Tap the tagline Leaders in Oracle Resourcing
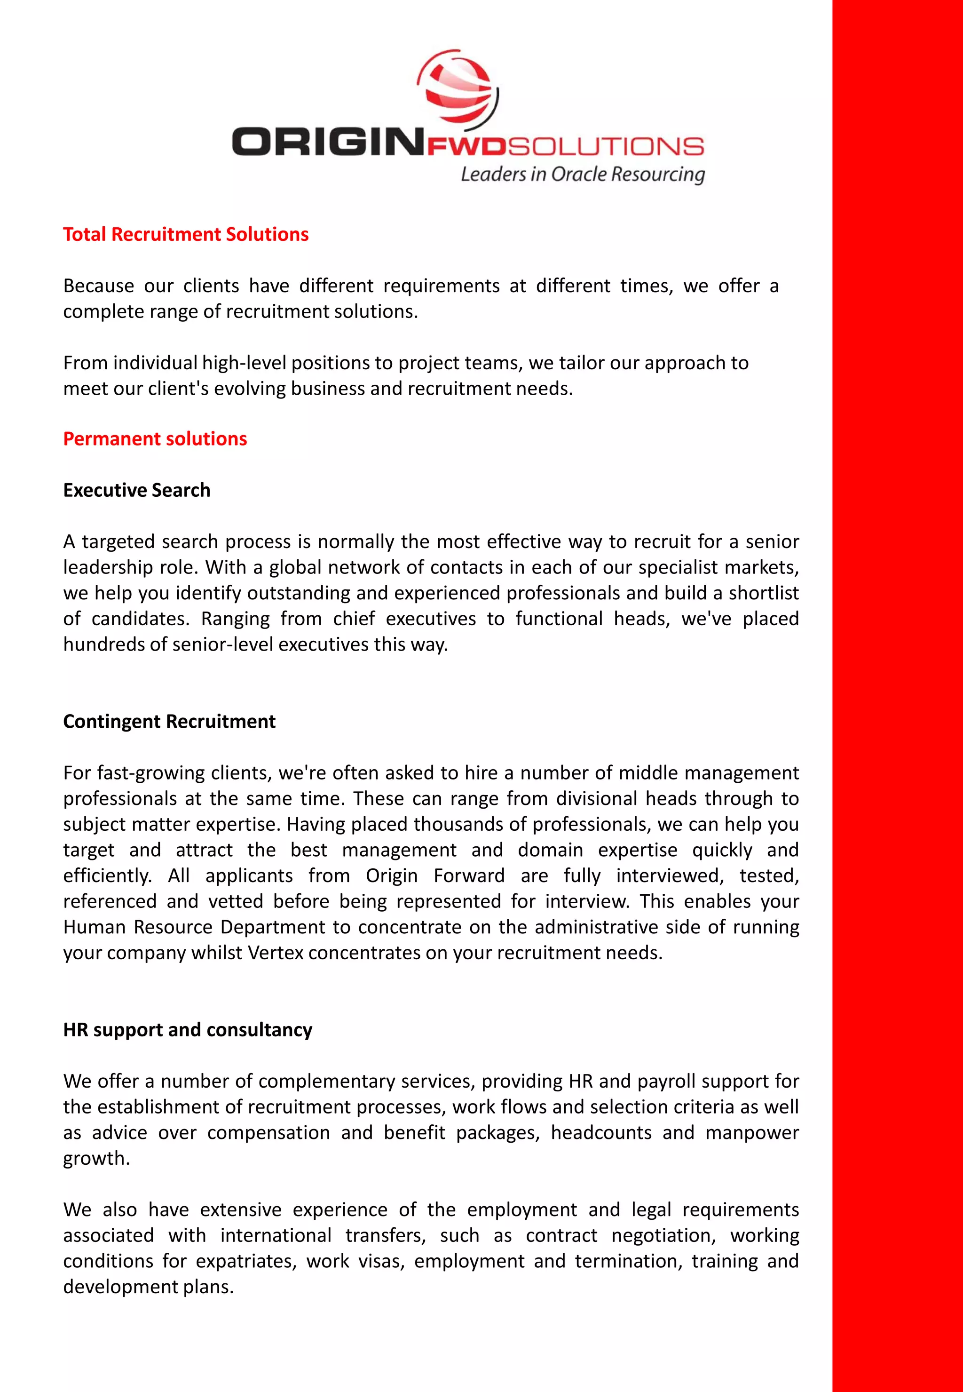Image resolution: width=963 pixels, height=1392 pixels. [x=582, y=175]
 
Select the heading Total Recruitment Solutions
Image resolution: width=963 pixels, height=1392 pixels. [x=186, y=234]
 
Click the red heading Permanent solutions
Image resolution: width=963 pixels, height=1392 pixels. [x=155, y=439]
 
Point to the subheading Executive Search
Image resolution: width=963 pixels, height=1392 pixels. [x=137, y=490]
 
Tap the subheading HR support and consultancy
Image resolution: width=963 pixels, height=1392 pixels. [x=188, y=1030]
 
